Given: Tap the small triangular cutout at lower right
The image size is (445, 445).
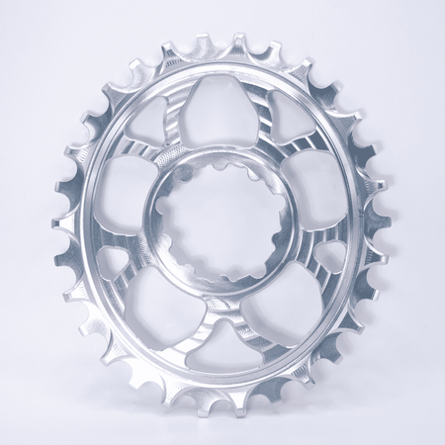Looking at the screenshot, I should pyautogui.click(x=327, y=258).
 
